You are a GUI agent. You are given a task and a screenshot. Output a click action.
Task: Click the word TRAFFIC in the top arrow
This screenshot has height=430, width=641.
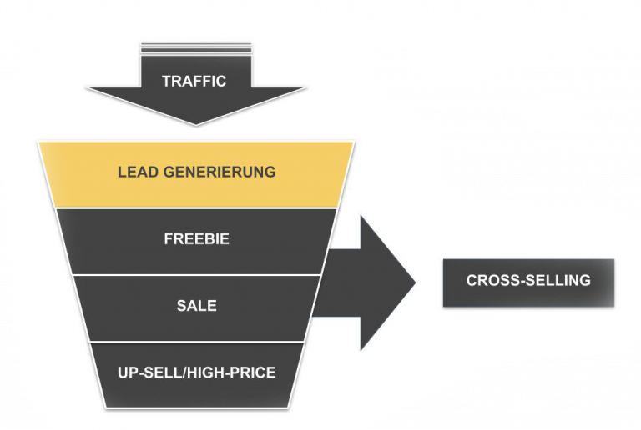click(194, 81)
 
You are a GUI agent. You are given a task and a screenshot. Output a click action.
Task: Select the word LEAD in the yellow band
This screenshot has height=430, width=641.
click(138, 172)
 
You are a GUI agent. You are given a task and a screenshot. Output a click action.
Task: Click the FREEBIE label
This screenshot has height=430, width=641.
click(196, 239)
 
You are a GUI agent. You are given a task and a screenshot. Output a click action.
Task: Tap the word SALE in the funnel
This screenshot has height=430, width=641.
click(196, 306)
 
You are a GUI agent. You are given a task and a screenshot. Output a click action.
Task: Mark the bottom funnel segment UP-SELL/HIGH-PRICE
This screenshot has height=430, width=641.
click(196, 392)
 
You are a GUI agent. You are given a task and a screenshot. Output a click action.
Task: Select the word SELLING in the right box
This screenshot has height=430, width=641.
click(558, 281)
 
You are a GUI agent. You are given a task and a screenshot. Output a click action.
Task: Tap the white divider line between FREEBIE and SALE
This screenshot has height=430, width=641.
click(196, 274)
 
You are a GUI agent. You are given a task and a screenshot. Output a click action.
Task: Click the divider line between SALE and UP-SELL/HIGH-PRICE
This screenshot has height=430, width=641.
click(196, 341)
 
